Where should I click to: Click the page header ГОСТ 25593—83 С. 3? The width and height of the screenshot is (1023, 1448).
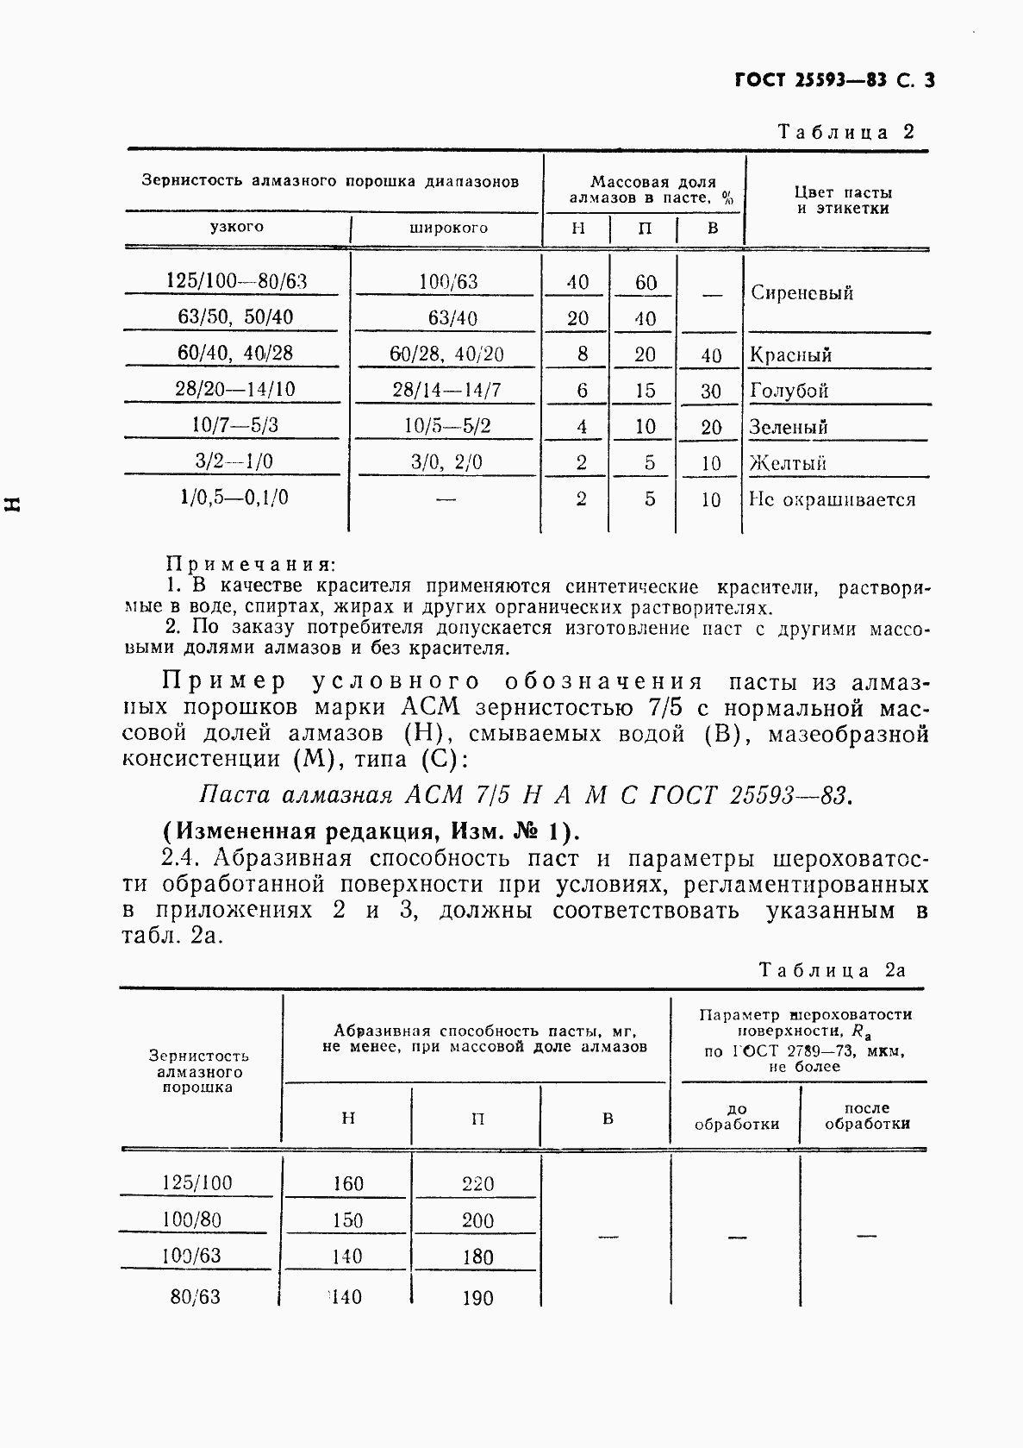[x=834, y=81]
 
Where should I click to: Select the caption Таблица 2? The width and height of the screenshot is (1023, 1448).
[x=845, y=132]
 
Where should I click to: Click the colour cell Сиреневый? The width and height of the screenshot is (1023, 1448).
[x=802, y=293]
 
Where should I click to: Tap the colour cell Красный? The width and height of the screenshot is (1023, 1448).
[x=790, y=354]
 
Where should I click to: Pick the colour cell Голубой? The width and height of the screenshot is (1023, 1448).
[x=789, y=391]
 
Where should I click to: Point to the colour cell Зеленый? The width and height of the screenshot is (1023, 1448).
[x=789, y=427]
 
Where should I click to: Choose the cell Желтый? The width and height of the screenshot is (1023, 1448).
[x=788, y=463]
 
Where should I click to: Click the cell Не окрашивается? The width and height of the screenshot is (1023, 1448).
[x=832, y=499]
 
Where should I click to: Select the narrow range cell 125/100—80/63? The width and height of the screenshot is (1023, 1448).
[x=236, y=281]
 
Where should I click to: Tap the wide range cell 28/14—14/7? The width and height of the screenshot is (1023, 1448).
[x=446, y=390]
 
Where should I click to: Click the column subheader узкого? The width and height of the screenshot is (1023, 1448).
[x=236, y=227]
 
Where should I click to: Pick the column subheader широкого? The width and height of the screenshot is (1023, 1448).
[x=447, y=229]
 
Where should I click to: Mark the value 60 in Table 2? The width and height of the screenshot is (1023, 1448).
[x=646, y=283]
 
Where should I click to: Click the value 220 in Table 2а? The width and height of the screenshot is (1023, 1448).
[x=477, y=1184]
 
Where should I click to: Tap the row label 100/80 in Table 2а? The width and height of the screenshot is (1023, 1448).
[x=196, y=1219]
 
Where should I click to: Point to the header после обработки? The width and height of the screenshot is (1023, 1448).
[x=866, y=1116]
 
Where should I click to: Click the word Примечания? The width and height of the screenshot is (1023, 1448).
[x=249, y=565]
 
